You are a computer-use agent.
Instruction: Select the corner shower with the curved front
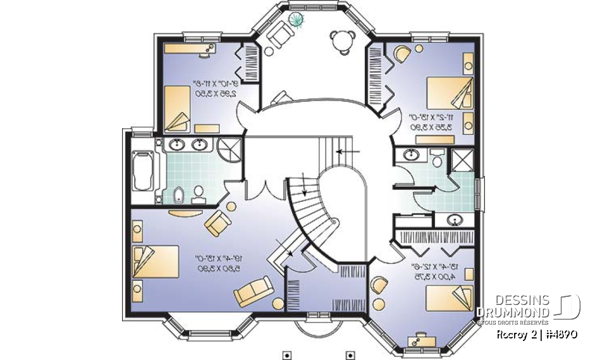click(225, 147)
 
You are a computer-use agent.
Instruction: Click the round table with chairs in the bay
click(340, 38)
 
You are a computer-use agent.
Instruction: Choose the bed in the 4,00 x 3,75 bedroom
click(450, 297)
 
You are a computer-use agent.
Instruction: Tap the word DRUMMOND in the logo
click(513, 312)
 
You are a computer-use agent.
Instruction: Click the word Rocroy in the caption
click(510, 333)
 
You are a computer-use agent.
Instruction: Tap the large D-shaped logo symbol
click(568, 306)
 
